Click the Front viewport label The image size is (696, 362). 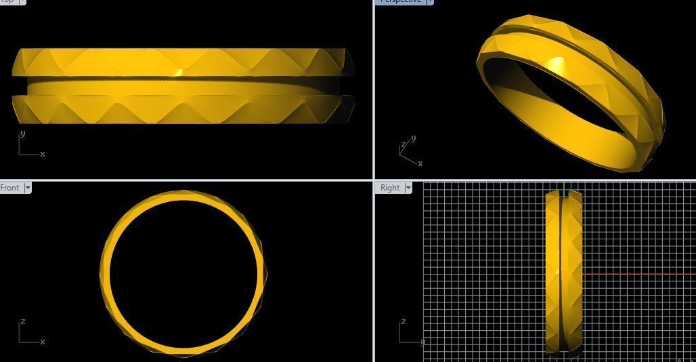point(10,188)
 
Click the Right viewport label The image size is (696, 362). point(390,188)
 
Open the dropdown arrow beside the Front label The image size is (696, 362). point(28,188)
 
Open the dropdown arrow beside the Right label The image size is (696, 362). point(408,188)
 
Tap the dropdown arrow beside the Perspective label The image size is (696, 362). point(430,1)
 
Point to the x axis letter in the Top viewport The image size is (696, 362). point(43,154)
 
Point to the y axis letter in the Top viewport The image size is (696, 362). point(22,134)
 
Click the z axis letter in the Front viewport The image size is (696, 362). point(22,321)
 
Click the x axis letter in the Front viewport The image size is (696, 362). point(43,342)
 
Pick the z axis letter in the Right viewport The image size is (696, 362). point(403,321)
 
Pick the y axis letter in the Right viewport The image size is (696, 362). point(422,342)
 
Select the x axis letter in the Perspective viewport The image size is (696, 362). point(420,163)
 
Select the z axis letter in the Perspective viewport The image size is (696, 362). point(404,144)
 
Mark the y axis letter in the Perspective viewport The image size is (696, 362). point(413,138)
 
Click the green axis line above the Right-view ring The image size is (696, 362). point(564,187)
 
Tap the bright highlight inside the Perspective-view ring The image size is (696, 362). point(557,66)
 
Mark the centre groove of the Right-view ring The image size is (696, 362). point(561,271)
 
